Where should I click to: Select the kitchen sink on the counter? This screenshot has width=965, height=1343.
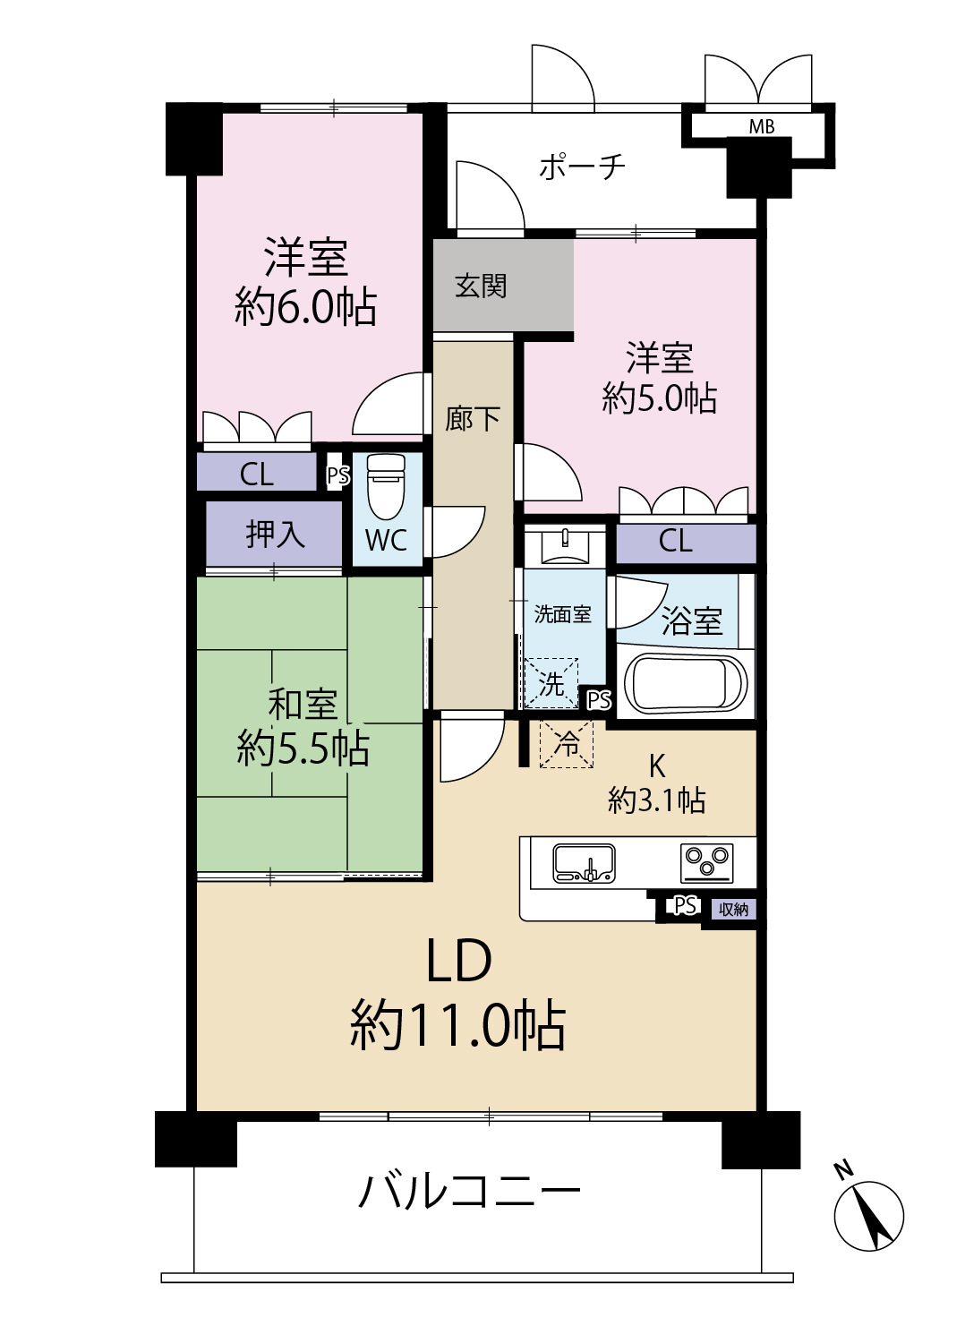click(x=583, y=863)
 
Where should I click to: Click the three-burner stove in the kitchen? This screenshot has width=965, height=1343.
click(x=706, y=863)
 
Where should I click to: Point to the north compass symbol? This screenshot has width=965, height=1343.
click(x=868, y=1217)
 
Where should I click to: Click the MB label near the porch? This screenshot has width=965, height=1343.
click(x=762, y=126)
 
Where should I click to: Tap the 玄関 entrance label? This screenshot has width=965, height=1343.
click(x=481, y=286)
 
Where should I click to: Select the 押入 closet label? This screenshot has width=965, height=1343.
click(x=275, y=534)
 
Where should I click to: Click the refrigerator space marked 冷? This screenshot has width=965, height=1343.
click(x=566, y=744)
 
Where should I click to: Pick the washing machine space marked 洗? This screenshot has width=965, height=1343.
click(x=551, y=683)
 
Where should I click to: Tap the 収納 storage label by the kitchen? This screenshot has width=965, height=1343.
click(x=734, y=910)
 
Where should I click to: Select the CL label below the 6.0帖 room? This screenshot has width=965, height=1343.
click(x=257, y=475)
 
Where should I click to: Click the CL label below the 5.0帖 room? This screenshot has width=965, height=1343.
click(x=676, y=542)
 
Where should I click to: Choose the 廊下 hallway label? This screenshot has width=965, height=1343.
click(x=473, y=418)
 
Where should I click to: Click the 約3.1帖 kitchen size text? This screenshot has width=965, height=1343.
click(x=657, y=800)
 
